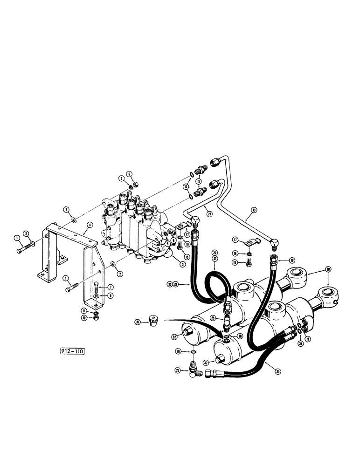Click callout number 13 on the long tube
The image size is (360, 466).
pyautogui.click(x=254, y=210)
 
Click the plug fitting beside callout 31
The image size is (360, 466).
pyautogui.click(x=152, y=320)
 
